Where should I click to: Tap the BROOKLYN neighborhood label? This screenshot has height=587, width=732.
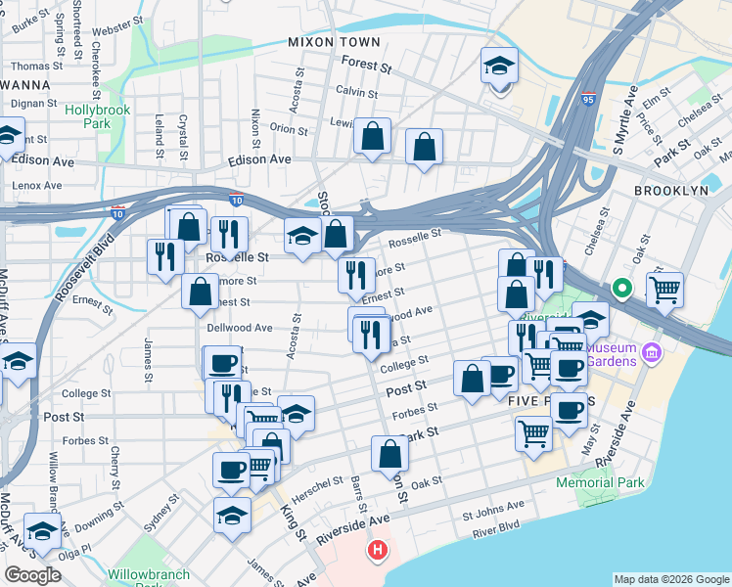(670, 192)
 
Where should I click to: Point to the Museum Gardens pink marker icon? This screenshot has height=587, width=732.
(653, 350)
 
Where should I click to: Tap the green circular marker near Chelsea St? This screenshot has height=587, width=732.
(620, 289)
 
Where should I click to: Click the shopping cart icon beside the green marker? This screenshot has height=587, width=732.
(664, 289)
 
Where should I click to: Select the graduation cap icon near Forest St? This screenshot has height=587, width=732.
(499, 68)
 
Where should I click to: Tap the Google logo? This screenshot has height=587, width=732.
(33, 575)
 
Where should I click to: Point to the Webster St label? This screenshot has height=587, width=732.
(117, 19)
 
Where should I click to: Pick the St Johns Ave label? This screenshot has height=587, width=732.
(493, 507)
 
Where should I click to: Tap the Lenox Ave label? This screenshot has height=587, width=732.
(36, 185)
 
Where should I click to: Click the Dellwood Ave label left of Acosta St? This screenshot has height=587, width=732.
(239, 328)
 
